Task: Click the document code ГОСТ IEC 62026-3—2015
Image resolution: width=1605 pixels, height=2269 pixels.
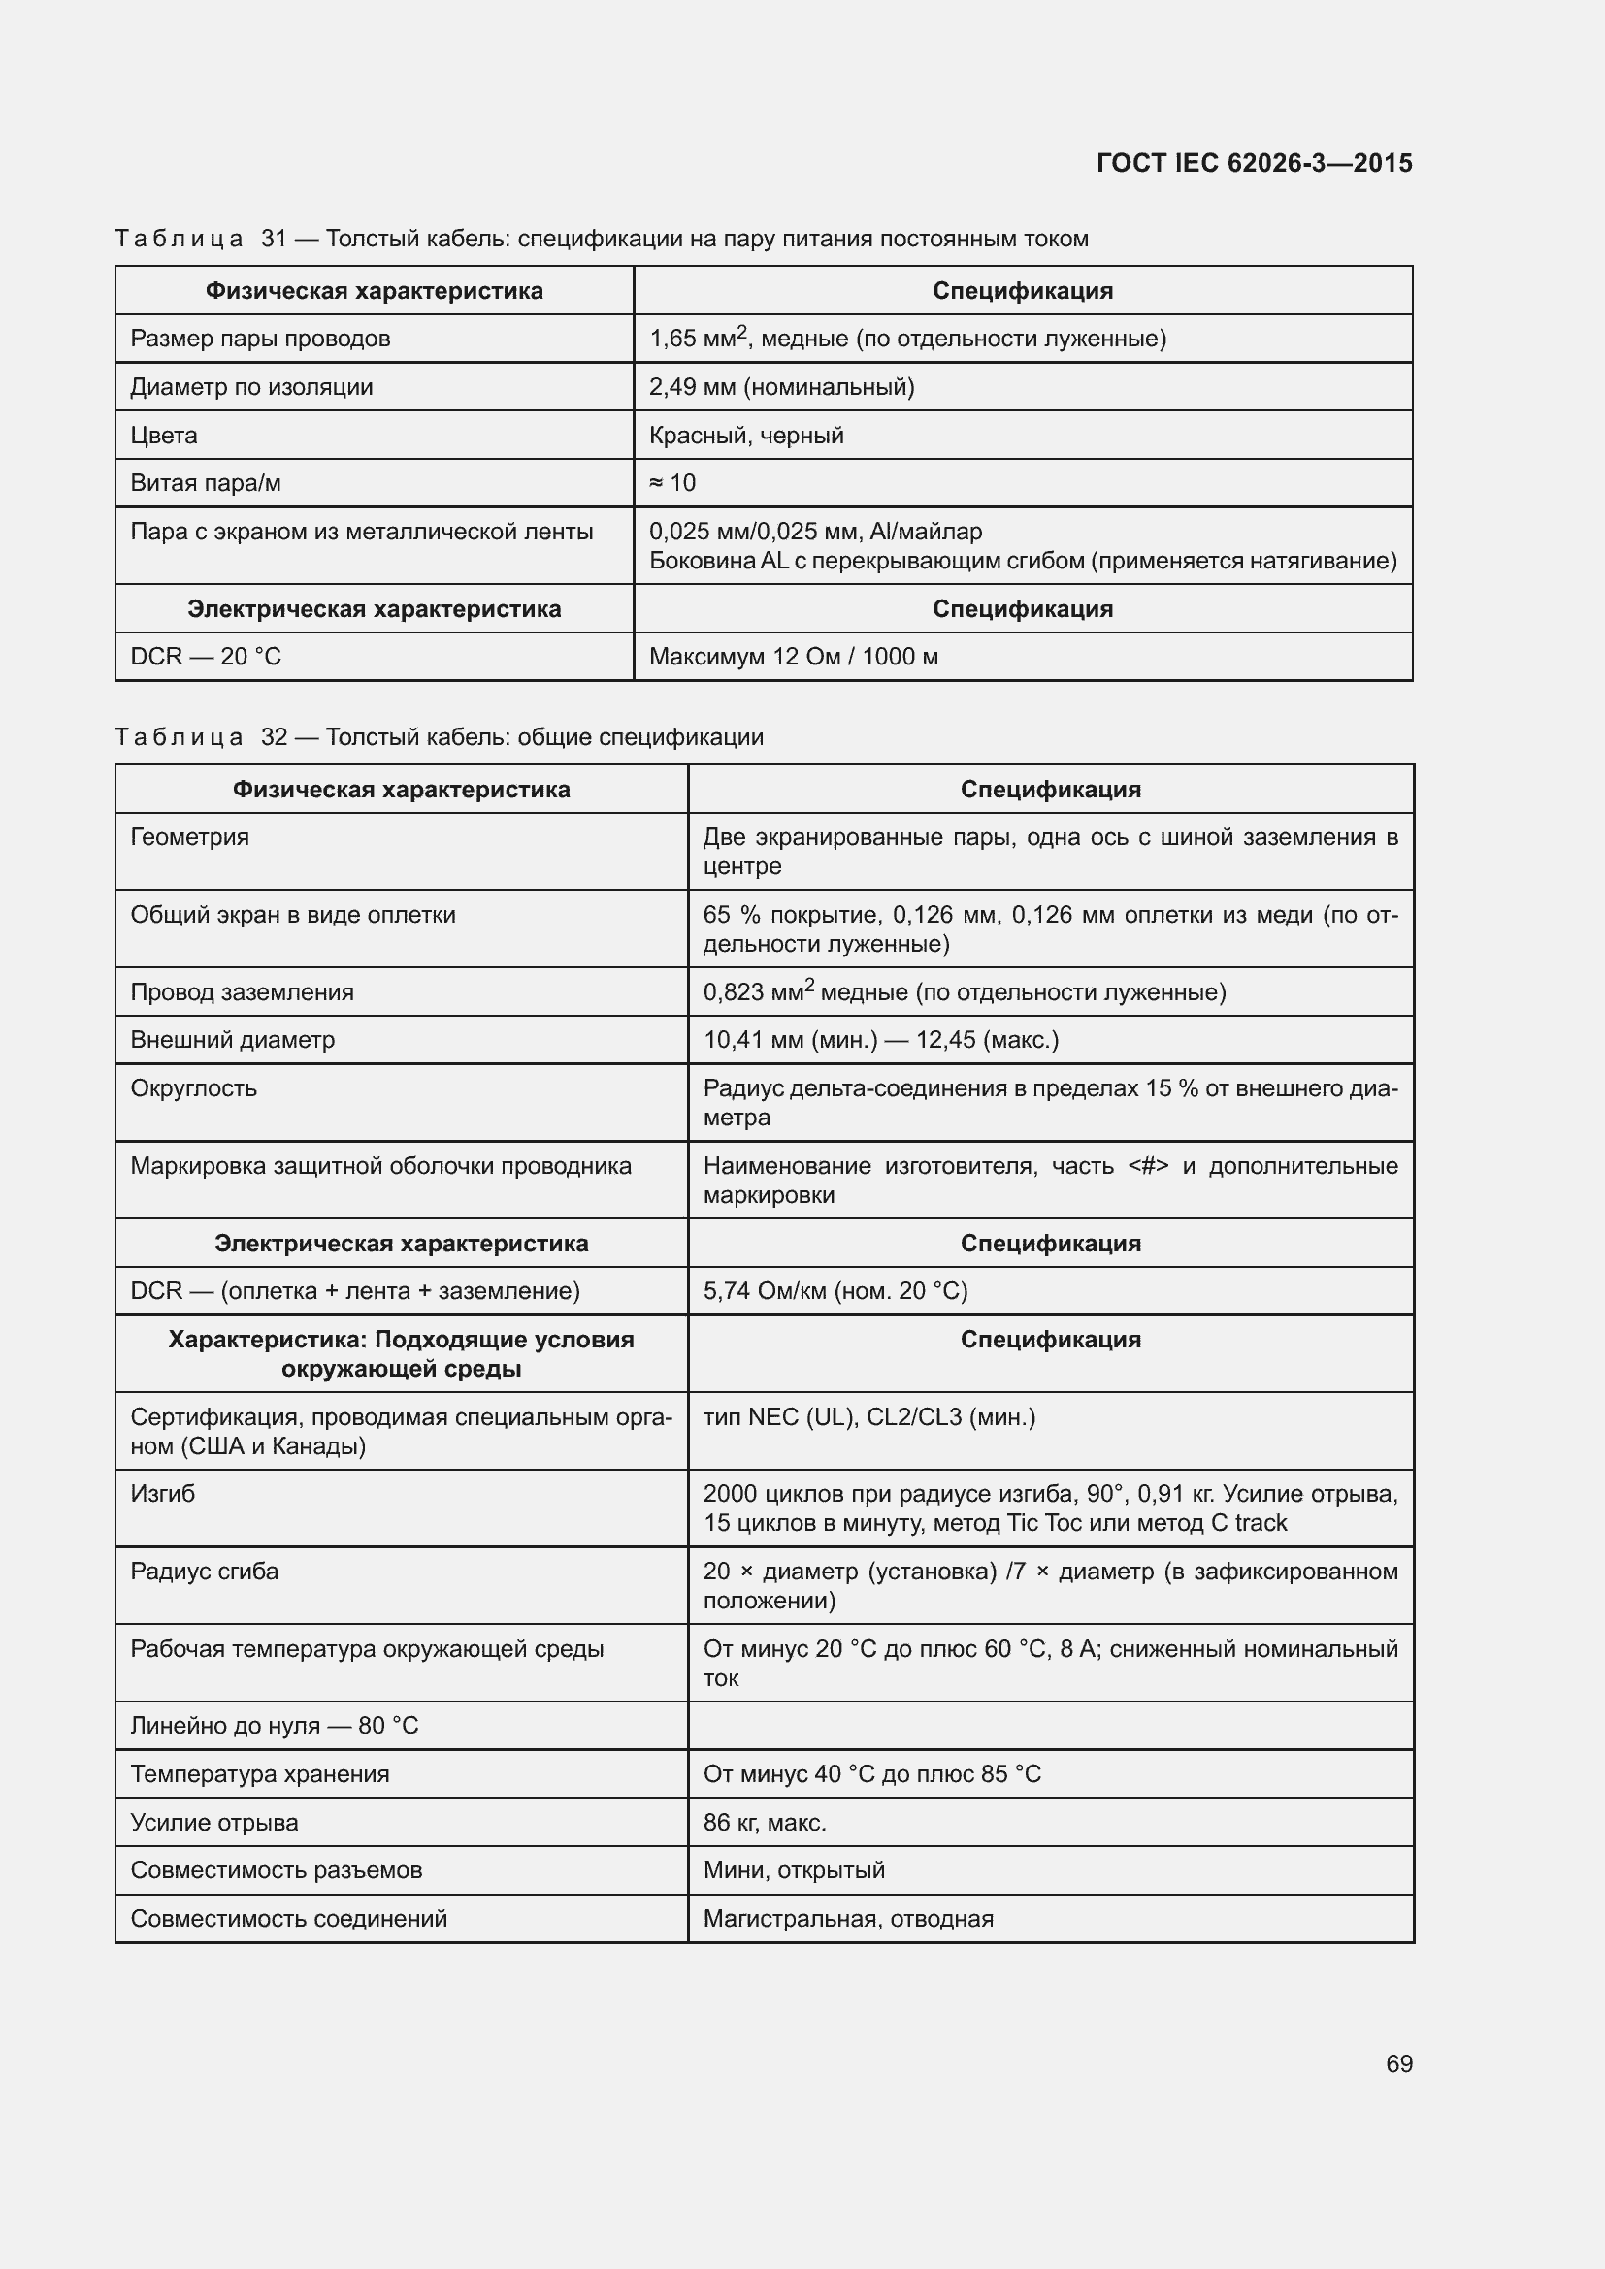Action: pos(1253,163)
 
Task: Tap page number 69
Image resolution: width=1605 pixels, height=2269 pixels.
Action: pos(1398,2063)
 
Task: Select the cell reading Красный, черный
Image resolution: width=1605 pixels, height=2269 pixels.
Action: pos(746,436)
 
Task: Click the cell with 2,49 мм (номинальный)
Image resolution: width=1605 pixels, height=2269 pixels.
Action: pos(781,387)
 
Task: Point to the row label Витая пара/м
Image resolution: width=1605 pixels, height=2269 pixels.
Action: pos(206,483)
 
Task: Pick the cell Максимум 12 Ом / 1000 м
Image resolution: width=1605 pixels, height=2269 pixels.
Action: pos(793,657)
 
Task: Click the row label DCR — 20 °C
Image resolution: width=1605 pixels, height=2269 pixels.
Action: pos(206,657)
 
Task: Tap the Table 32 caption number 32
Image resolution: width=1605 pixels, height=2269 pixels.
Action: pos(274,737)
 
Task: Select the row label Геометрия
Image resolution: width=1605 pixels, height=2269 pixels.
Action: pos(190,837)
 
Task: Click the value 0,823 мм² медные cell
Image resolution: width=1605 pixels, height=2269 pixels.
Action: pos(964,992)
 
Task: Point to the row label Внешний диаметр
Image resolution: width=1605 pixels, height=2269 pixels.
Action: pos(232,1040)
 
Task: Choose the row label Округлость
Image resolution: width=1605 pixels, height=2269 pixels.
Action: pos(194,1088)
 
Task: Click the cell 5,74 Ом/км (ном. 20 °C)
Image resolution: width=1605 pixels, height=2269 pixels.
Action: pos(835,1290)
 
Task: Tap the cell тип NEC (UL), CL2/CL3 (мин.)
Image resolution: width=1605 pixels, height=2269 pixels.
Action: pos(868,1417)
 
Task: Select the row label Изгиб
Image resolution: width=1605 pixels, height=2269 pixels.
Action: pos(163,1493)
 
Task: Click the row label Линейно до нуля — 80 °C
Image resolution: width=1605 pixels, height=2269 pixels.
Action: pos(275,1726)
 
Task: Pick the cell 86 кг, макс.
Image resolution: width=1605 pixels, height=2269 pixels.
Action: pos(764,1823)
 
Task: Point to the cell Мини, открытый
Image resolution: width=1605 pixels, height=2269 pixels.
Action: pos(794,1869)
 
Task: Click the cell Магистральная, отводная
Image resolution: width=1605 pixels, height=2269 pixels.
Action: pos(848,1918)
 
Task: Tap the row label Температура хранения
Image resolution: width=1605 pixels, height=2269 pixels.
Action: pos(260,1774)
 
